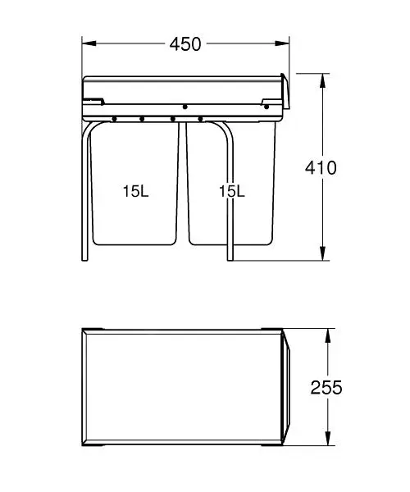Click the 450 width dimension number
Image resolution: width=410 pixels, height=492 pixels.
click(x=186, y=43)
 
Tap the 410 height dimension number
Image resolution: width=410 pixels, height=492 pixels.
click(x=321, y=168)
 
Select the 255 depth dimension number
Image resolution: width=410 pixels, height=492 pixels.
click(x=326, y=387)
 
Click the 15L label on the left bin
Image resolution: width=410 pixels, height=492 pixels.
click(x=135, y=191)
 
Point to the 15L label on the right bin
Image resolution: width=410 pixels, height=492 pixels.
click(x=232, y=191)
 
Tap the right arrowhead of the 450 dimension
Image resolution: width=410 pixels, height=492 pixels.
click(x=285, y=43)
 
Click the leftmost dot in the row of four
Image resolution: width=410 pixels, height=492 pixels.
click(x=114, y=119)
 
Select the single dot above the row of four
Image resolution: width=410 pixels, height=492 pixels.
click(x=185, y=107)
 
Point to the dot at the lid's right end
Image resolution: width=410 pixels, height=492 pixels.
click(x=266, y=105)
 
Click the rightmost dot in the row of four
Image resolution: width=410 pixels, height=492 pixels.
click(x=201, y=119)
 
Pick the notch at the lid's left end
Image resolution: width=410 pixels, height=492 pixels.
click(x=92, y=102)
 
